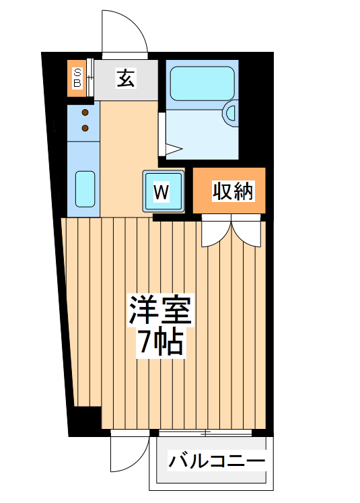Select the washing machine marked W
coord(161,191)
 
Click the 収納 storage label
coord(233,192)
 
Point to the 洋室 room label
coord(161,310)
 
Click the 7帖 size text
coord(161,343)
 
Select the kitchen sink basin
coord(85,189)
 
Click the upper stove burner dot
coord(85,113)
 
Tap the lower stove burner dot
coord(85,127)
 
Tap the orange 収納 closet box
coord(229,192)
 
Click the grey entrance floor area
coord(125,79)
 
